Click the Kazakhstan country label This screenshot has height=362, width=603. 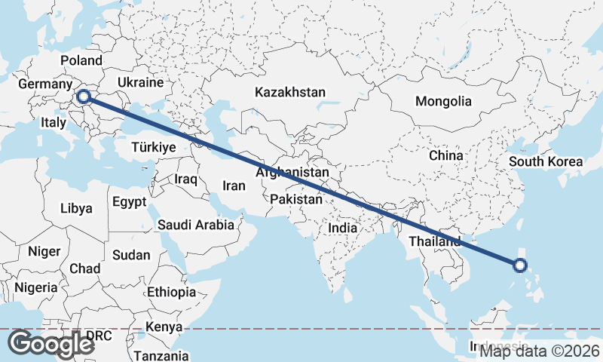coord(290,93)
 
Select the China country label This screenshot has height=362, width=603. coord(445,155)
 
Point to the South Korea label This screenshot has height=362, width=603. coord(546,161)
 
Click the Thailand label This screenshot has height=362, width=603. coord(435,241)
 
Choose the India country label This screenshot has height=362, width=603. coord(343,228)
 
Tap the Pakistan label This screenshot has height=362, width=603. coord(296,199)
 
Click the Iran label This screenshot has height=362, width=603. coord(234,186)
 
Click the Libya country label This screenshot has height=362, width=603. coord(76,207)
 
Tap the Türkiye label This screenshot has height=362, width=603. coord(154,147)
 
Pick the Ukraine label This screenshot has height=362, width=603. coord(140,82)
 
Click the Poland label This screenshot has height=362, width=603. coord(81,60)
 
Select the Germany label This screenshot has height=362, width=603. coord(44,84)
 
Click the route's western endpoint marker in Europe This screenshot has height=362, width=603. coord(84,97)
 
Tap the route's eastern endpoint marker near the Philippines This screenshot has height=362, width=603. coord(520,265)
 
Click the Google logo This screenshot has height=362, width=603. coord(51,344)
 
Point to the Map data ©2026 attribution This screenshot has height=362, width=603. coord(540,351)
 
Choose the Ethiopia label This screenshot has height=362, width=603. coord(171,292)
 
